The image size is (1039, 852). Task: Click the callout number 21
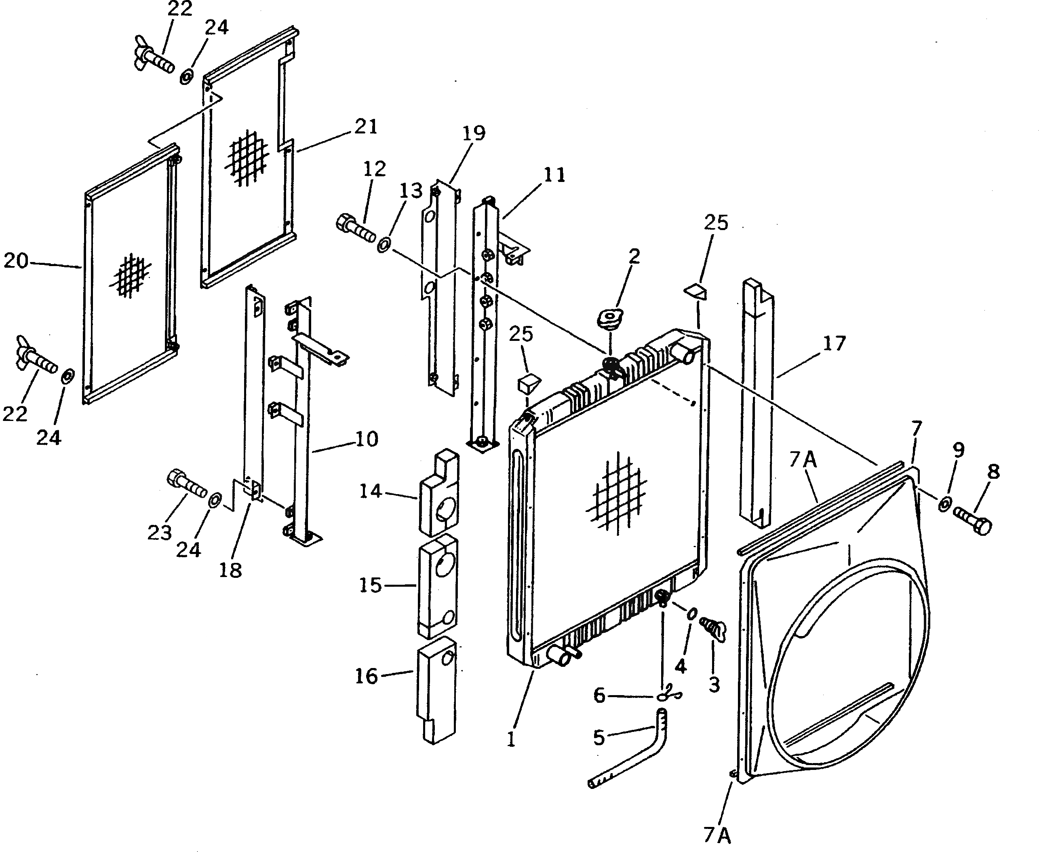pos(367,127)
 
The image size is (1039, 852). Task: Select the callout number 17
pos(834,344)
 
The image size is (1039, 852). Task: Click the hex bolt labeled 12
pos(355,227)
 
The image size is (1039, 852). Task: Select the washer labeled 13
pos(383,243)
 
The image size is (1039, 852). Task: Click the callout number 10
pos(367,439)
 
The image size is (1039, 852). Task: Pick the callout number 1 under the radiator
pos(511,739)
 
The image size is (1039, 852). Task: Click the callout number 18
pos(230,570)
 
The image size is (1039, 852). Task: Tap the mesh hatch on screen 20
pos(130,276)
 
